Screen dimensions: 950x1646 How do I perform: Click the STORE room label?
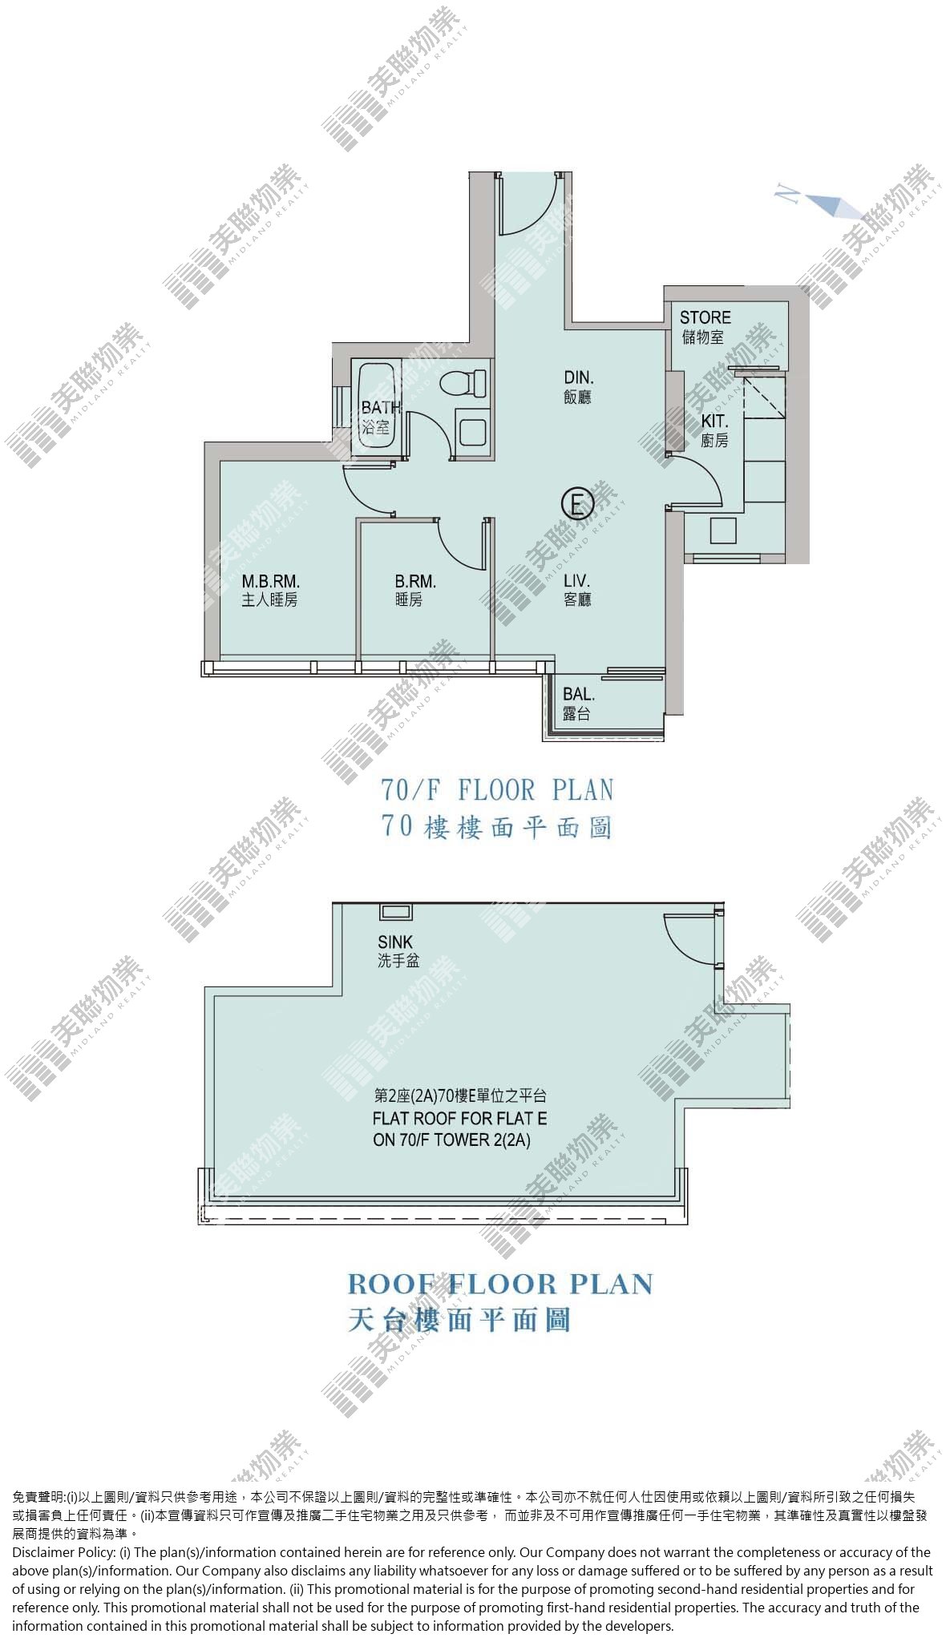[x=705, y=318]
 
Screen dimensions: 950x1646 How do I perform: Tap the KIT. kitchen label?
[x=714, y=422]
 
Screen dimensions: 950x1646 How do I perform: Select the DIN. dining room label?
[x=578, y=377]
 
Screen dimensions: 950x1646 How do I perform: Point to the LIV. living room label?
[x=577, y=581]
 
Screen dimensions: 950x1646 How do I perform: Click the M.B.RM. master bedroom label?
[x=270, y=583]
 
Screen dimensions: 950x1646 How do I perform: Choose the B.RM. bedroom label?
[x=415, y=583]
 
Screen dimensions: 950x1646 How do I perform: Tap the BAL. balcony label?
[x=578, y=695]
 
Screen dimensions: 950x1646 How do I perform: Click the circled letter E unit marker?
[x=576, y=504]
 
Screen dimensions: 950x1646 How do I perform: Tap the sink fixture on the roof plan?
[x=395, y=912]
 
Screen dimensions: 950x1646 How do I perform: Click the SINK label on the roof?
[x=395, y=942]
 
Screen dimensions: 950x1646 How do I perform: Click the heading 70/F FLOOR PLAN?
[x=497, y=791]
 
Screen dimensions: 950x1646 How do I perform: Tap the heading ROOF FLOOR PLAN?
[x=500, y=1284]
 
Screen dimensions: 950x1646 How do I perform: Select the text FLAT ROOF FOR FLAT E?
[x=460, y=1119]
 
